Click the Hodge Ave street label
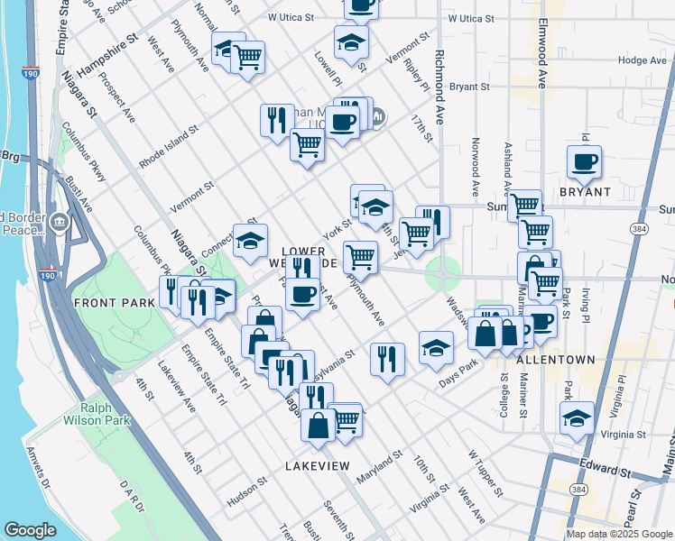tap(643, 60)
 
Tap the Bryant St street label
tap(469, 87)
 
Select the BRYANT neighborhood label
tap(585, 192)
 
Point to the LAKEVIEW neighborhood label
tap(317, 465)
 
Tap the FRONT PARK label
tap(115, 303)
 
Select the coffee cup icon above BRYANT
tap(584, 162)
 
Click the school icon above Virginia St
tap(577, 417)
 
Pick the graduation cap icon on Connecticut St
tap(250, 240)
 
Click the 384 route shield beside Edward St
tap(578, 488)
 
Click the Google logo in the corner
tap(31, 530)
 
